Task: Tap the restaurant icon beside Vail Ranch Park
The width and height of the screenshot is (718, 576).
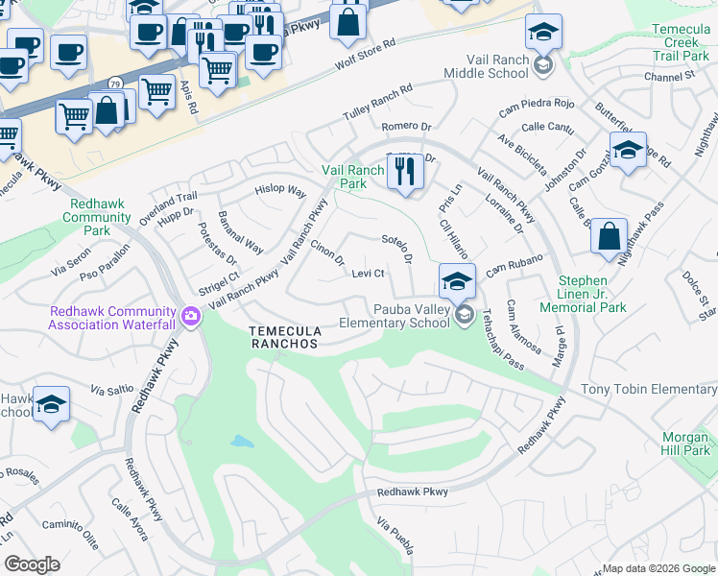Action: click(404, 173)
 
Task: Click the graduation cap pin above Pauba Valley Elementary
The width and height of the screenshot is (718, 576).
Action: click(457, 282)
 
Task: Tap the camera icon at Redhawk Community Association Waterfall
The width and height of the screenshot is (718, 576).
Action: click(192, 316)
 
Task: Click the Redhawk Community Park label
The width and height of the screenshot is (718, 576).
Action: click(97, 217)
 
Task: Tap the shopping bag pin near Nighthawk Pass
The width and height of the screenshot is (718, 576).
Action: click(609, 237)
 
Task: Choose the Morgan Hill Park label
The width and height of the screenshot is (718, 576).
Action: click(685, 444)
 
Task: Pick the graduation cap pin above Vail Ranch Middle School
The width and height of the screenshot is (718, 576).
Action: click(544, 33)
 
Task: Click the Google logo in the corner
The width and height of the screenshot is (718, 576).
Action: click(33, 564)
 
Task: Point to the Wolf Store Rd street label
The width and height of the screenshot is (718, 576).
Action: click(365, 56)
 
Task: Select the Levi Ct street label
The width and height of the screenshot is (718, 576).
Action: click(368, 274)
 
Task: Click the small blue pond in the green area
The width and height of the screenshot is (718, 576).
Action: click(242, 443)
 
